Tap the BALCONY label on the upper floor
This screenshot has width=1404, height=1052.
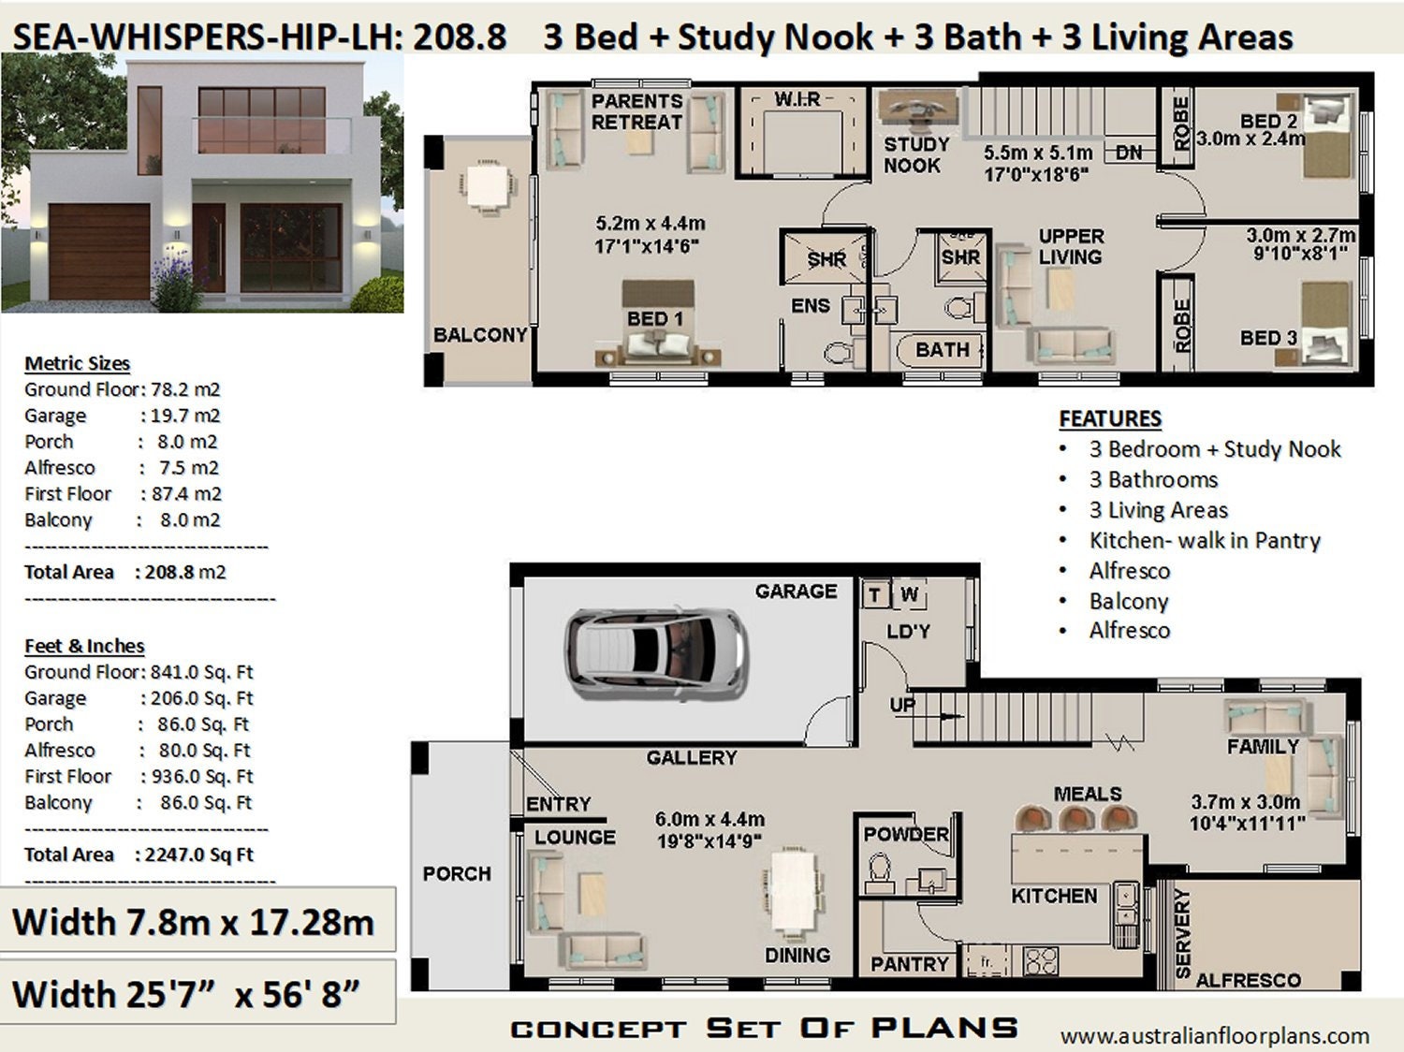click(479, 335)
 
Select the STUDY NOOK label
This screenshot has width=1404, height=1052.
click(915, 154)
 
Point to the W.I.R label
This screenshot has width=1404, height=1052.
click(797, 99)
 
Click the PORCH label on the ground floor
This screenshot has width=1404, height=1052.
click(456, 873)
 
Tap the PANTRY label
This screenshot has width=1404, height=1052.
click(909, 964)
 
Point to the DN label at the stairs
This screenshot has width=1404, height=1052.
click(1130, 153)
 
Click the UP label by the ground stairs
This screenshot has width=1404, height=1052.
click(902, 706)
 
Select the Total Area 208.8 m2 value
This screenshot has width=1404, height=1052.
click(185, 572)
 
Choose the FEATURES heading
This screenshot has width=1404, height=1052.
click(1109, 418)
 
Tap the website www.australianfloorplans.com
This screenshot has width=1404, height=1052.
click(1214, 1035)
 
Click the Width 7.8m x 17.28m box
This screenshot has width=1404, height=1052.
click(195, 922)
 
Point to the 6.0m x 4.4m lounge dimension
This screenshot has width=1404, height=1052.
click(709, 819)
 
